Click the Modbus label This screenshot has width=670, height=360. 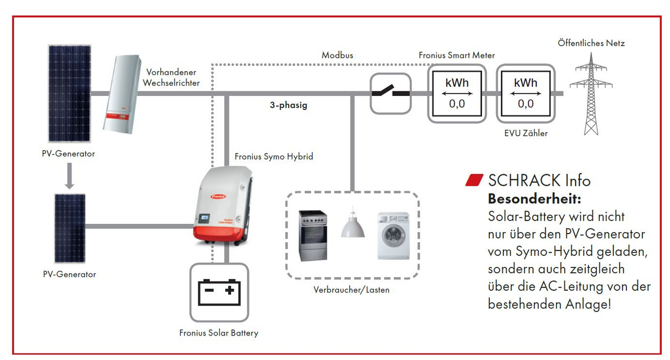click(x=337, y=56)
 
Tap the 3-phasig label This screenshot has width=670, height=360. click(x=288, y=105)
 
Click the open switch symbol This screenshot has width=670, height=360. click(x=391, y=93)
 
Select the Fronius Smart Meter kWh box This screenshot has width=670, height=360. click(x=456, y=93)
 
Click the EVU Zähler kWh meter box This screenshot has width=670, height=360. click(x=526, y=93)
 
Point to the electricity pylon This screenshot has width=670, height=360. click(x=591, y=94)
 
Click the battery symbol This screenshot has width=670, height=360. click(x=219, y=292)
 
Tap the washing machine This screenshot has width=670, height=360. click(x=393, y=236)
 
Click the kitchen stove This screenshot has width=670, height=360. click(x=313, y=236)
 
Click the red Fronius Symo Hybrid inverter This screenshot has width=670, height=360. click(x=223, y=206)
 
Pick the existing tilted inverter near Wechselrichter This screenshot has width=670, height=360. click(x=122, y=94)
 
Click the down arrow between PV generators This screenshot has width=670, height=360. click(x=69, y=176)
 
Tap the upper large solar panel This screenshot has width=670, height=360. click(x=69, y=94)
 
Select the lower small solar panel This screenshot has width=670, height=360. click(x=70, y=228)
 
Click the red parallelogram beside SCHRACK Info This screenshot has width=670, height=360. click(x=474, y=180)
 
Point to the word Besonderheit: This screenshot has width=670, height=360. click(x=534, y=199)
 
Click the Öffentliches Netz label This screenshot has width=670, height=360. click(x=591, y=44)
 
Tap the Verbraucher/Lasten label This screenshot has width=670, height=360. click(x=351, y=290)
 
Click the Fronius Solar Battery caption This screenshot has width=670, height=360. click(x=218, y=333)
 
